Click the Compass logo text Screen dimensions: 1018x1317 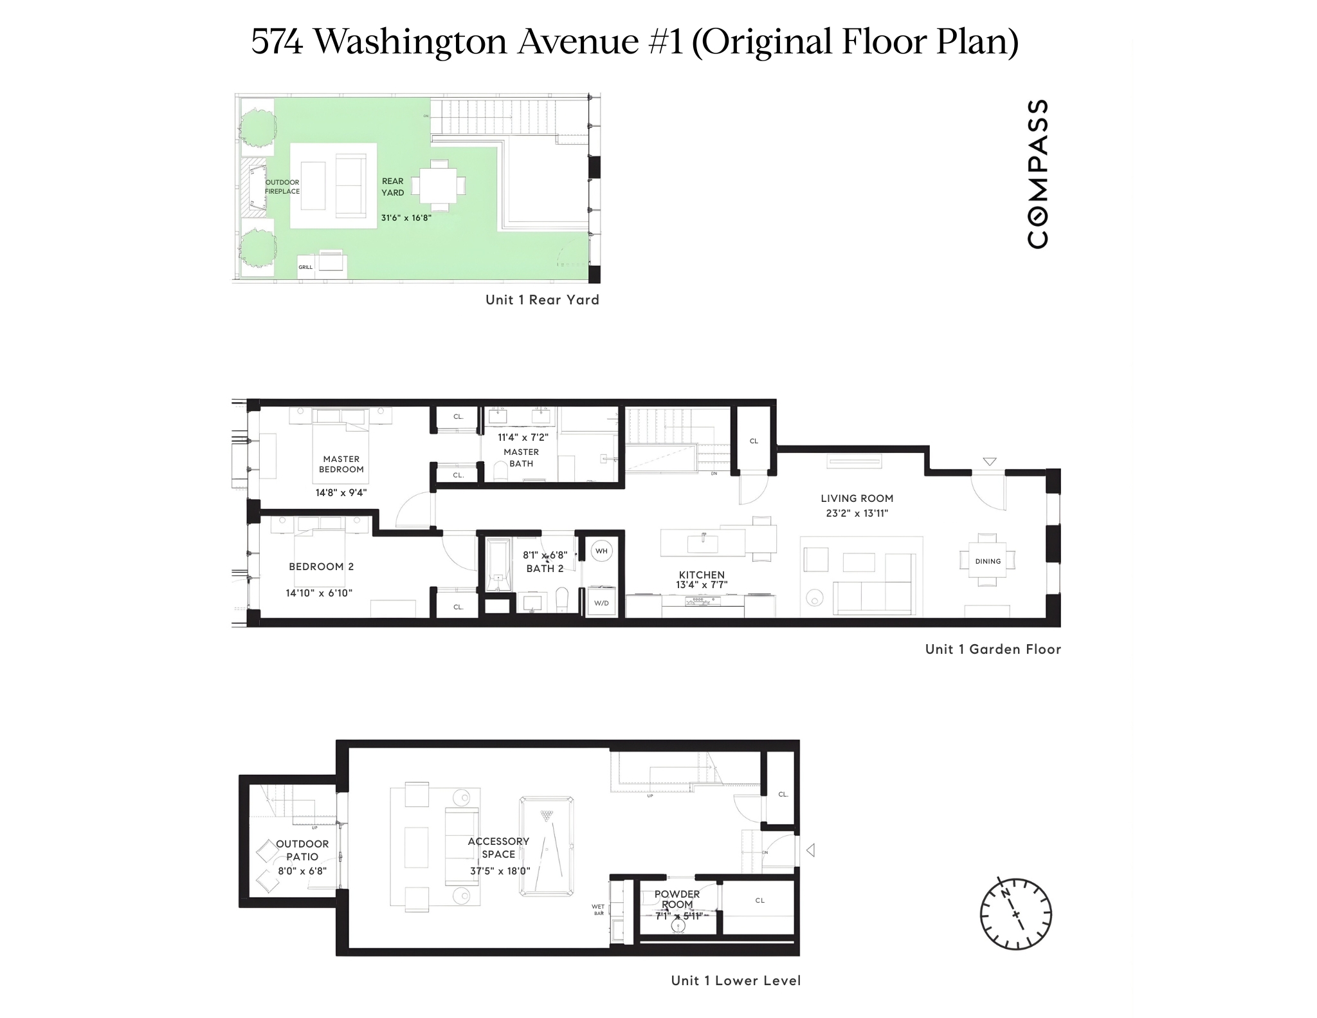click(x=1038, y=174)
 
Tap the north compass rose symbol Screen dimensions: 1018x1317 click(x=1015, y=913)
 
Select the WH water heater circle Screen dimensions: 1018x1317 click(x=601, y=551)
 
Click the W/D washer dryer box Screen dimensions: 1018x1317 click(x=601, y=603)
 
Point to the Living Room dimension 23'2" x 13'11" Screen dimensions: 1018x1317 click(x=857, y=514)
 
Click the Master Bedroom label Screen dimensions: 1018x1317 click(x=341, y=464)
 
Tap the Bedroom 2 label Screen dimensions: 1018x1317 click(x=321, y=567)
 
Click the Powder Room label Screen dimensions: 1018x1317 click(x=677, y=899)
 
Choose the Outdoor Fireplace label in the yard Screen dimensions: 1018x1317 click(x=282, y=187)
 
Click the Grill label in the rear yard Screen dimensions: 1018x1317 click(x=305, y=267)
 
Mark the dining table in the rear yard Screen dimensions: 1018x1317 click(x=439, y=185)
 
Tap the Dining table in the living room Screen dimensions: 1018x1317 click(x=988, y=560)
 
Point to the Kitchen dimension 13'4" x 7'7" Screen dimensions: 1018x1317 click(x=702, y=585)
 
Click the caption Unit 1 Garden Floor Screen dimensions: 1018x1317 click(x=992, y=649)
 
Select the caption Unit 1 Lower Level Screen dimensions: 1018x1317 click(x=736, y=981)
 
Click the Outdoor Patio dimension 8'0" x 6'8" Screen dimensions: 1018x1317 click(x=302, y=871)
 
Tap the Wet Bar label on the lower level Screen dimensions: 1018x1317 click(x=598, y=910)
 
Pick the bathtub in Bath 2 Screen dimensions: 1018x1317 click(x=498, y=565)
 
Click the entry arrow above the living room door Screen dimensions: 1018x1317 click(x=990, y=461)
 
